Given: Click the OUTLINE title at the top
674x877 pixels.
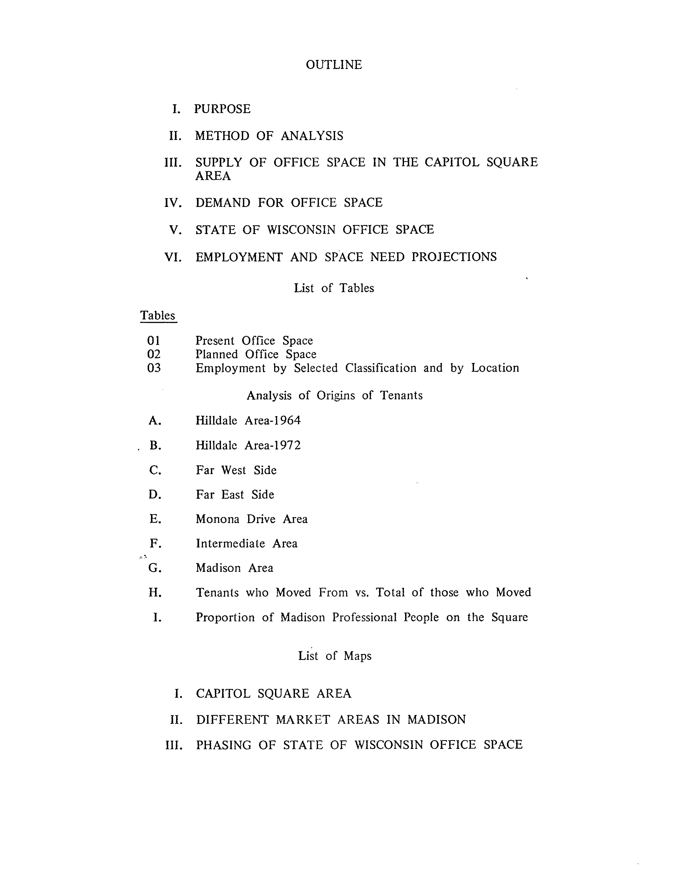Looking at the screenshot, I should [x=334, y=65].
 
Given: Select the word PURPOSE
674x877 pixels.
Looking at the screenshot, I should [x=222, y=109].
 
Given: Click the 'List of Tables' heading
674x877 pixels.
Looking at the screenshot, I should [x=334, y=288].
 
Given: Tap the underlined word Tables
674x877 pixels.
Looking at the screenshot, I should [x=158, y=315].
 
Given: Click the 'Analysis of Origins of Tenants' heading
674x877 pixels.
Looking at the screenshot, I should [x=335, y=396].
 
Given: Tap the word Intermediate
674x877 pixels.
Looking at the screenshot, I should [x=230, y=544].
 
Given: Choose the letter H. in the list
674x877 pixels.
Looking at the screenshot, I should [x=155, y=593].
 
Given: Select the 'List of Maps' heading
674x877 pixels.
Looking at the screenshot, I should [x=335, y=656].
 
